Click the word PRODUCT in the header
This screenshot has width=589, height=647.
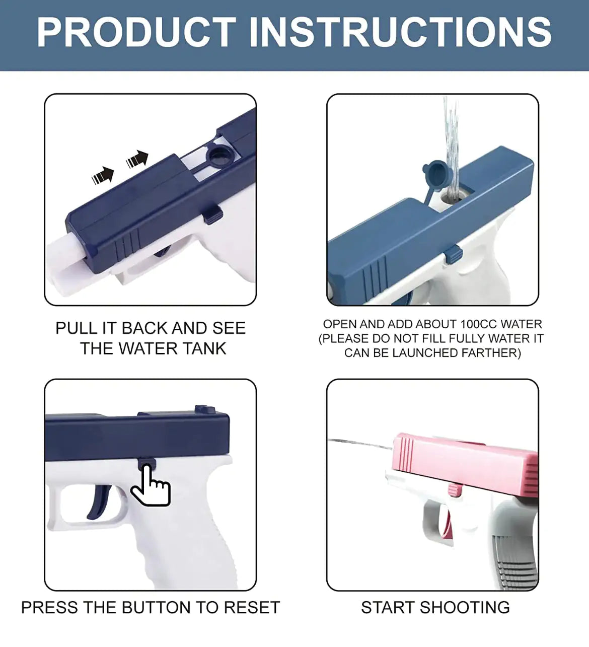136,33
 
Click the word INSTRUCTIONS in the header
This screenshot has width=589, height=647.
400,33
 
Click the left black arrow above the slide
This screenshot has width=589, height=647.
103,175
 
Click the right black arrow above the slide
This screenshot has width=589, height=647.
137,159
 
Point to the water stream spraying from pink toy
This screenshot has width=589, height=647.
360,443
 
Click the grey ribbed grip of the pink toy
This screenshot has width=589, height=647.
513,559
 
